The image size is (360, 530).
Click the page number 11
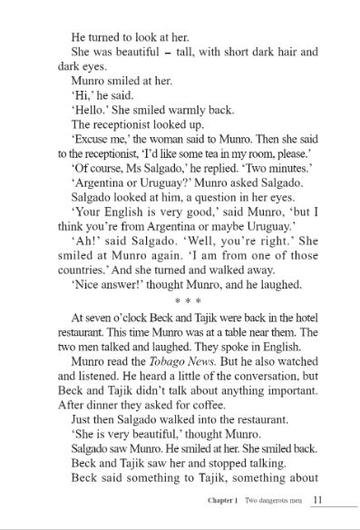pyautogui.click(x=316, y=499)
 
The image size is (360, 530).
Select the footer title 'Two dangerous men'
pyautogui.click(x=277, y=500)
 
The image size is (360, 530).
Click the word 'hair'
pyautogui.click(x=277, y=52)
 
